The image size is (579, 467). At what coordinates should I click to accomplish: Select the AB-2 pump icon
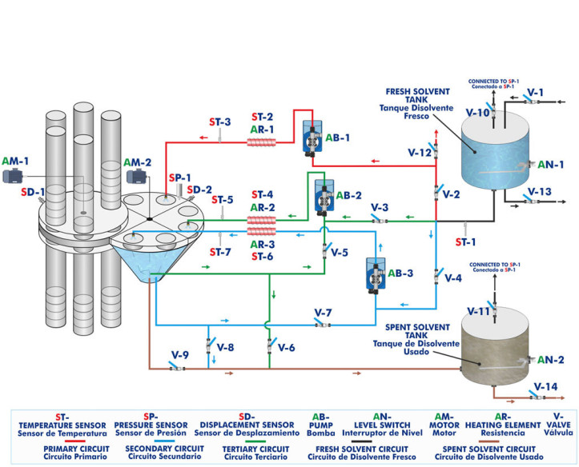pos(324,194)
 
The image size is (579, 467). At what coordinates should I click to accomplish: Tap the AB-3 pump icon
pos(374,273)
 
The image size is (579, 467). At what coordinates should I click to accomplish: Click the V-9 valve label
pos(180,354)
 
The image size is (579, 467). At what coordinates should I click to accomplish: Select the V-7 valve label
pos(323,311)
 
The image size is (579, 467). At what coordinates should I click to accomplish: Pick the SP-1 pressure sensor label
pos(180,177)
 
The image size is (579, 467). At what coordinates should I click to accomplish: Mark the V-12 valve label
pos(420,152)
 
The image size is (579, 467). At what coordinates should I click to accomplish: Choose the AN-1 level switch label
pos(551,165)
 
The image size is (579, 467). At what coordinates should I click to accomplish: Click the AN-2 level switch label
pos(551,360)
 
